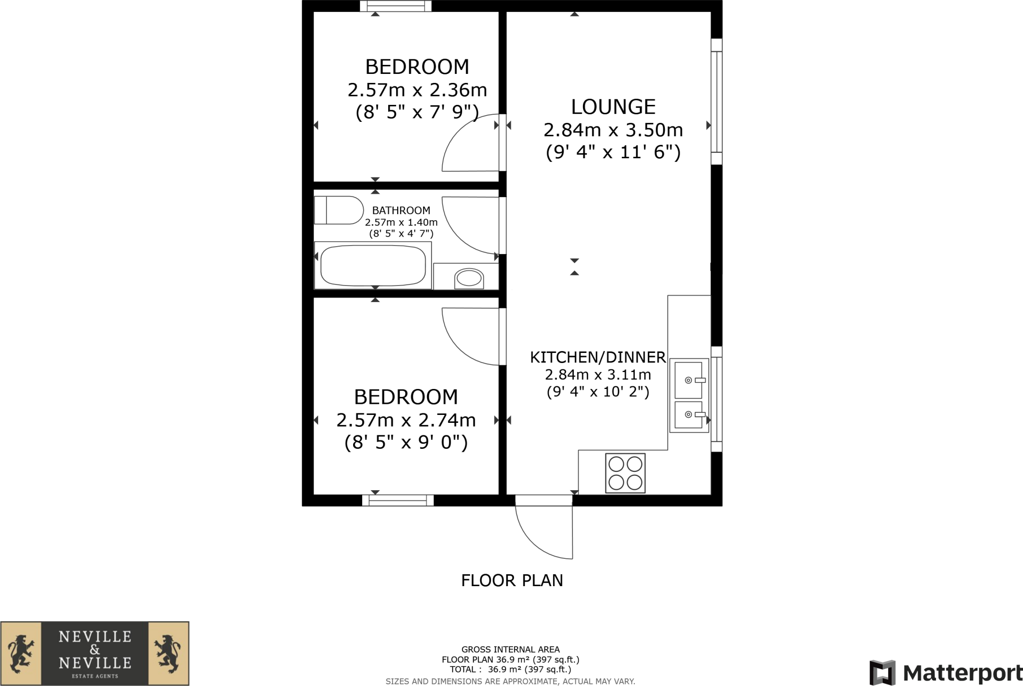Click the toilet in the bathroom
[x=339, y=210]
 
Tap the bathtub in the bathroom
[x=373, y=266]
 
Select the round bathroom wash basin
[x=469, y=278]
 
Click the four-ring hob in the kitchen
[x=625, y=473]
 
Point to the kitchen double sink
[x=689, y=395]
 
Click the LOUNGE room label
[x=613, y=107]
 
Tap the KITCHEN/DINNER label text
[x=597, y=357]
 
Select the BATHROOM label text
[x=401, y=211]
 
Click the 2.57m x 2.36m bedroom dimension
[x=417, y=90]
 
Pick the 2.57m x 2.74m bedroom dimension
[x=406, y=420]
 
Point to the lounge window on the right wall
[x=716, y=101]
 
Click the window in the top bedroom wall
[x=396, y=6]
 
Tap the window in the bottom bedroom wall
[x=398, y=500]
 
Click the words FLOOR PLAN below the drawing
[x=512, y=581]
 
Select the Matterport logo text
[x=962, y=674]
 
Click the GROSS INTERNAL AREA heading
[x=511, y=650]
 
